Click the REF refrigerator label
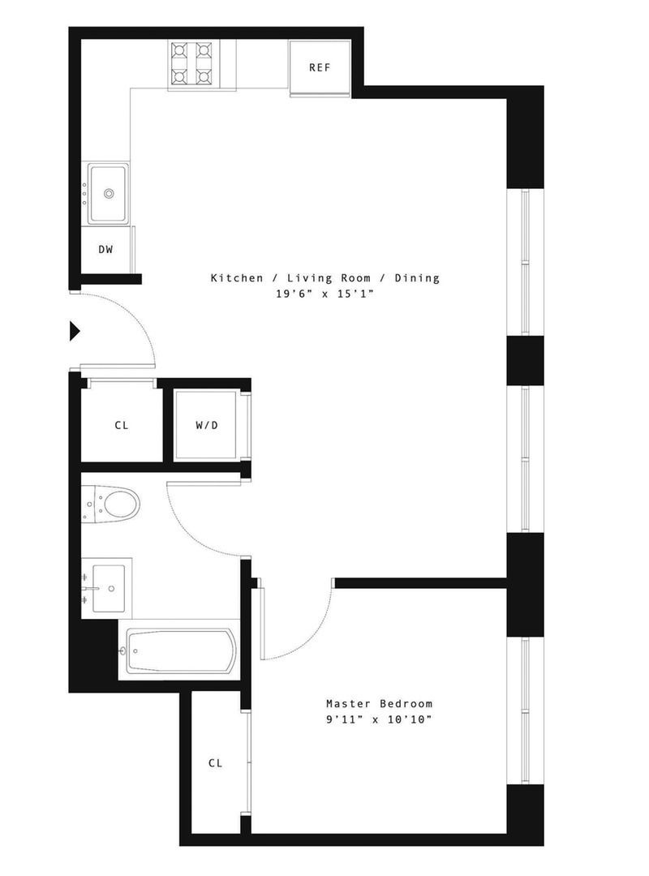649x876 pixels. pyautogui.click(x=320, y=67)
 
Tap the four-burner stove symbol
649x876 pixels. pyautogui.click(x=191, y=64)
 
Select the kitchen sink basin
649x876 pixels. pyautogui.click(x=108, y=193)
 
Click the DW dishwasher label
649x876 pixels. pyautogui.click(x=105, y=249)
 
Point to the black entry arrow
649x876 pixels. pyautogui.click(x=75, y=330)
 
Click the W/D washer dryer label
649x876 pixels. pyautogui.click(x=207, y=425)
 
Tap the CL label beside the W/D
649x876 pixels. pyautogui.click(x=121, y=425)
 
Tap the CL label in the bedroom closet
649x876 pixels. pyautogui.click(x=215, y=763)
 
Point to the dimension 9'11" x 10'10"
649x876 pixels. pyautogui.click(x=379, y=719)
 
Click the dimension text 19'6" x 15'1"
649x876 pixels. pyautogui.click(x=324, y=294)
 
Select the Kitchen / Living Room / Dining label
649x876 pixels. pyautogui.click(x=324, y=278)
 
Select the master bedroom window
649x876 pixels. pyautogui.click(x=525, y=711)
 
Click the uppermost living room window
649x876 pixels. pyautogui.click(x=525, y=262)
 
